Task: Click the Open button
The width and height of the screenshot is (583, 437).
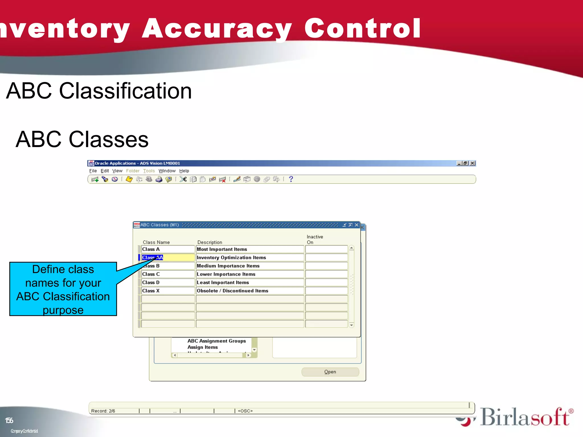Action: click(x=330, y=372)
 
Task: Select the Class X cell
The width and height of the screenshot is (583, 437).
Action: click(x=168, y=291)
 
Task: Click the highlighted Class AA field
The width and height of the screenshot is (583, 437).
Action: click(x=168, y=257)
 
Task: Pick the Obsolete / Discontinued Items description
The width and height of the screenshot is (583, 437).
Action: click(x=249, y=291)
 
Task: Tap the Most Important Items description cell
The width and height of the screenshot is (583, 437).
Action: click(x=249, y=249)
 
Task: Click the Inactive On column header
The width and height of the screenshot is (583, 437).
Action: click(x=314, y=239)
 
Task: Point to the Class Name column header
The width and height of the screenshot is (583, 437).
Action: click(x=156, y=242)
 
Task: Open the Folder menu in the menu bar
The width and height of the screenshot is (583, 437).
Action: click(x=133, y=171)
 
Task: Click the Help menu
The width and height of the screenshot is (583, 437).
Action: click(x=184, y=171)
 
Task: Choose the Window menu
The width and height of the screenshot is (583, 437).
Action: click(x=167, y=171)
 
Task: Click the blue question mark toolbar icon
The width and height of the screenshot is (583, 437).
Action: click(x=291, y=179)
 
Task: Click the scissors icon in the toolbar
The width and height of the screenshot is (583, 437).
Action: click(x=183, y=179)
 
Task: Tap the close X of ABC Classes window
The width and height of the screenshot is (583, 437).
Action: click(x=356, y=225)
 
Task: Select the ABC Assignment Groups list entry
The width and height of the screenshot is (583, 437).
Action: click(x=216, y=341)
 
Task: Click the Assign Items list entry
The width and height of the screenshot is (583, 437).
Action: click(x=202, y=347)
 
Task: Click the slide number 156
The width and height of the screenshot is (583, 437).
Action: click(x=9, y=420)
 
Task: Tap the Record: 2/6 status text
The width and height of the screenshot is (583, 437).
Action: click(x=103, y=411)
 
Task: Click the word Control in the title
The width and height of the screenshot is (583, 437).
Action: click(x=362, y=28)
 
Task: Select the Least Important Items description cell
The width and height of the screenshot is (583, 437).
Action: click(x=249, y=283)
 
